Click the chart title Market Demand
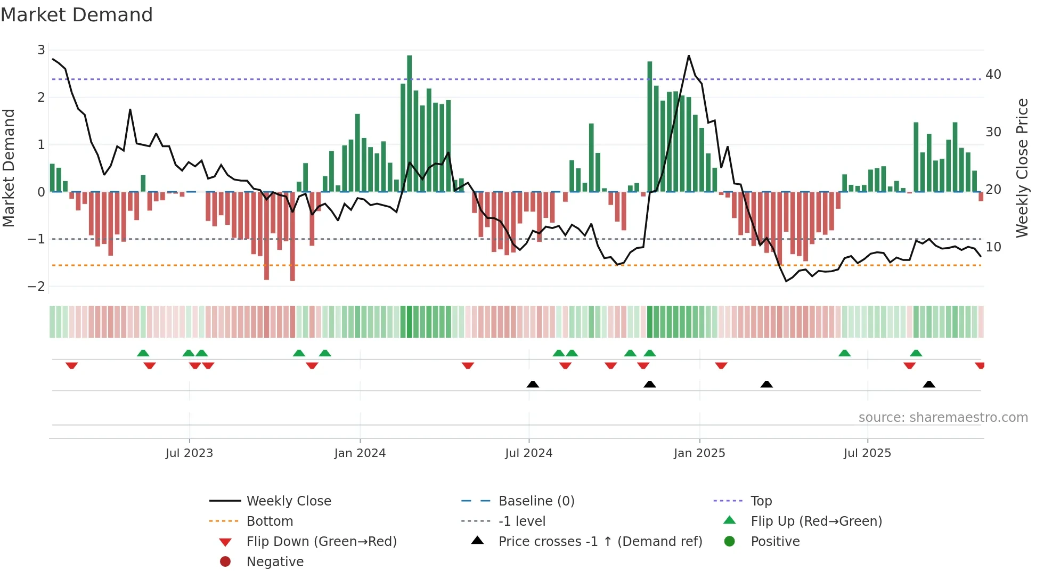pos(77,15)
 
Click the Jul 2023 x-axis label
pos(189,453)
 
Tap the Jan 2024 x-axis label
pos(360,453)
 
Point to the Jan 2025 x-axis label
pos(699,453)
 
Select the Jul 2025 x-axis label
pos(867,453)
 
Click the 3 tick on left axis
pos(41,50)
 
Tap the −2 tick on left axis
pos(37,287)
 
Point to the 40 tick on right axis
pos(993,75)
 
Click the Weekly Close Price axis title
pos(1022,168)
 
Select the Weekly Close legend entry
pos(288,501)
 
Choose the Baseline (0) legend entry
pos(536,501)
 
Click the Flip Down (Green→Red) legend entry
pos(321,542)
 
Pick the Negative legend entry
pos(275,562)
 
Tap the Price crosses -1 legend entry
pos(600,542)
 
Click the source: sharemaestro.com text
pos(943,418)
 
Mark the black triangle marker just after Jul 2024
pos(533,384)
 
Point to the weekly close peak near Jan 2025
pos(689,55)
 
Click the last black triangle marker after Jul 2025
pos(929,384)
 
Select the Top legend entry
pos(761,501)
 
